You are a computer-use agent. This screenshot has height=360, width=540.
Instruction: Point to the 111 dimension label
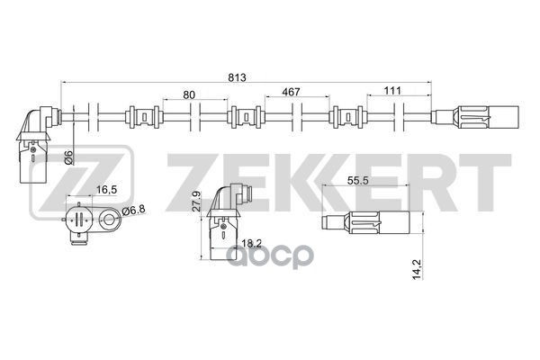(393, 93)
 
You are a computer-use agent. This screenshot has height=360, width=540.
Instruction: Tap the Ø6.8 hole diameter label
(133, 211)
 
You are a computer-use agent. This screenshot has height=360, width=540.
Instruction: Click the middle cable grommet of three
(245, 117)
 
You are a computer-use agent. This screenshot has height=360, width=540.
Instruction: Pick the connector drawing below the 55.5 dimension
(369, 221)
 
